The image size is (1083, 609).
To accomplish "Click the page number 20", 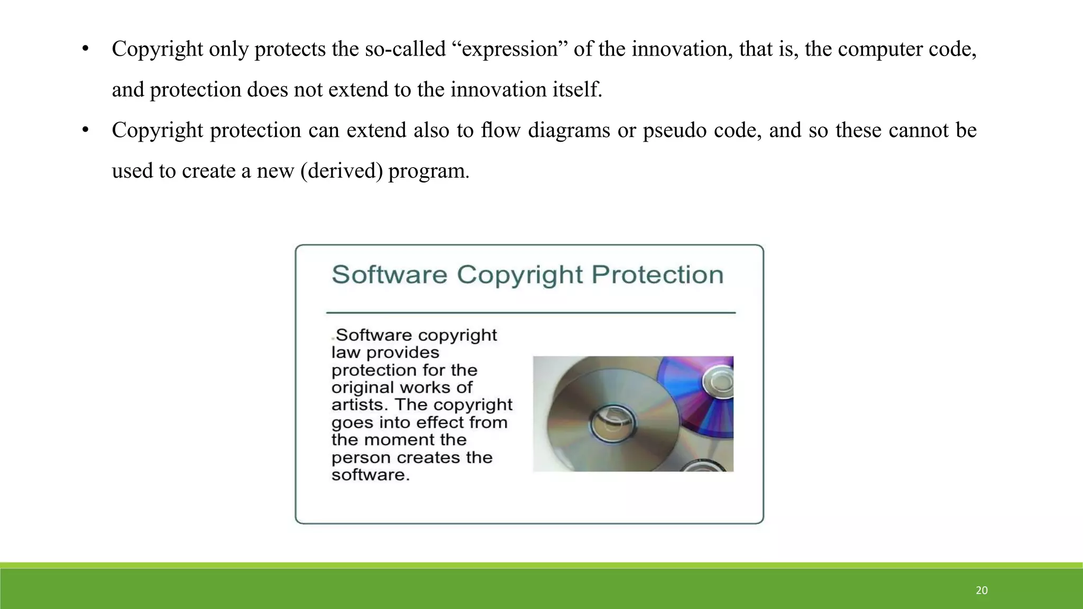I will [x=981, y=590].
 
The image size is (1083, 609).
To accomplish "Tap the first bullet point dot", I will [x=85, y=50].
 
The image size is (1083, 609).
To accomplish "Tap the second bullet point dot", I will [x=85, y=131].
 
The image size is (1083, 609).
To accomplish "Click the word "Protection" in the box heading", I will [x=657, y=275].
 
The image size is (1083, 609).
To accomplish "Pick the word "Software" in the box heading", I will [x=389, y=275].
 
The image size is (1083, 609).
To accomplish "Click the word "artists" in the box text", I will [x=360, y=405].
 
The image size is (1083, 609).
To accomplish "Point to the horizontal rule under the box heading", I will [x=531, y=313].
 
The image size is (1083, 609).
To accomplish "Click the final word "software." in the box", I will [x=370, y=475].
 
